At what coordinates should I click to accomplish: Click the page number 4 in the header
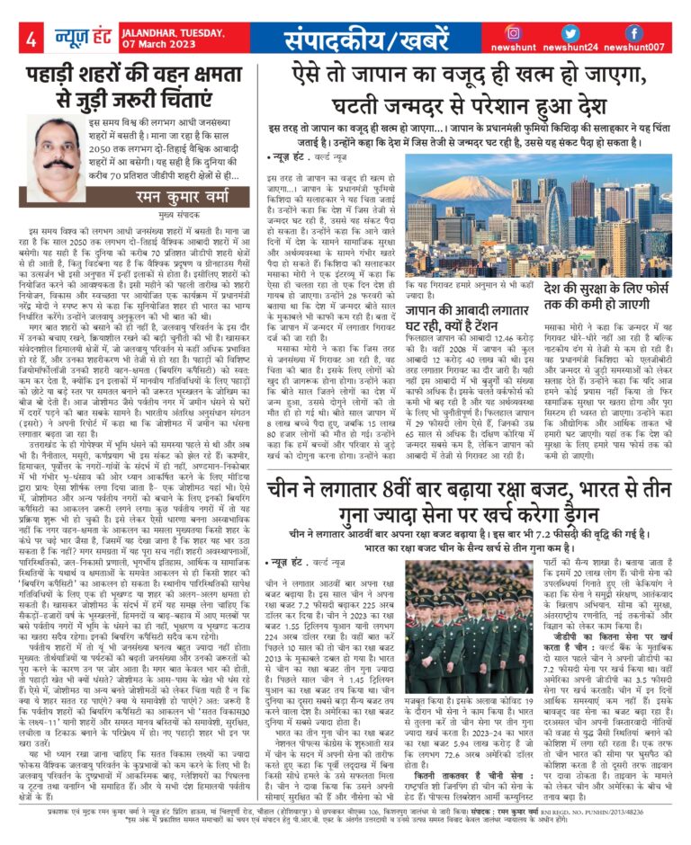pyautogui.click(x=31, y=40)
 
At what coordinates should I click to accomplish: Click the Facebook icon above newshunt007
pyautogui.click(x=634, y=32)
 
